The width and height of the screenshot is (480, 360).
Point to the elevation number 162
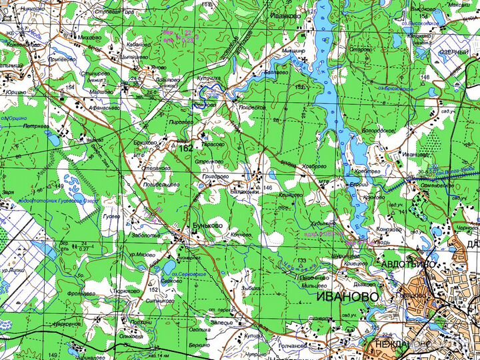186,148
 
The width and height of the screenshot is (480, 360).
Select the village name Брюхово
145,142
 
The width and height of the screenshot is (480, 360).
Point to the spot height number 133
301,260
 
